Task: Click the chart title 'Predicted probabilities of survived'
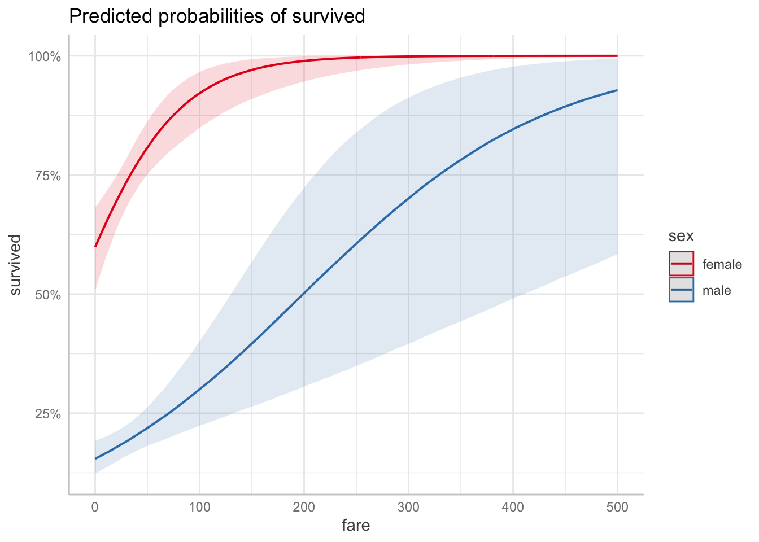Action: tap(217, 16)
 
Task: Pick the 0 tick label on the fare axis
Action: tap(95, 507)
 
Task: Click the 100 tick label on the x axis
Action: tap(199, 507)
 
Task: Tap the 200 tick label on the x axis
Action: tap(304, 507)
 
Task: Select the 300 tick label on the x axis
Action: tap(408, 507)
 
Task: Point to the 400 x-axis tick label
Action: tap(513, 507)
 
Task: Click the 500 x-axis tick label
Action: tap(617, 507)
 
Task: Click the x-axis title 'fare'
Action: tap(356, 526)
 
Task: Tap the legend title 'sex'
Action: tap(681, 235)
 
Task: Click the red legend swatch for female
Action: tap(681, 264)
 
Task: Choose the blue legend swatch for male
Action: tap(681, 290)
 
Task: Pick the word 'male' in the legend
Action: tap(717, 291)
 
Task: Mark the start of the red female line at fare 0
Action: tap(95, 246)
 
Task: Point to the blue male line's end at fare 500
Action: tap(617, 90)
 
